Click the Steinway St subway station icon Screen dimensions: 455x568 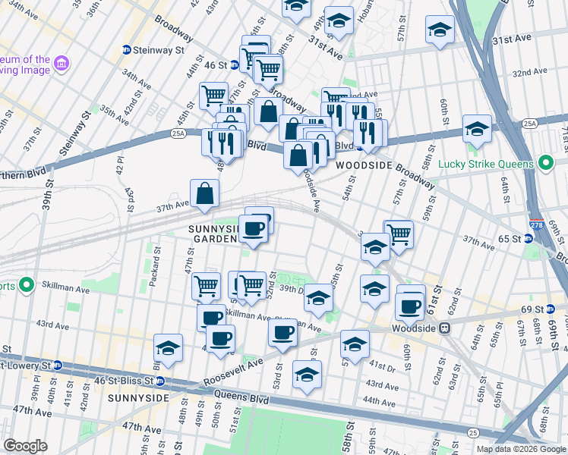click(126, 50)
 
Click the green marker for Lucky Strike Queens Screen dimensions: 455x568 click(544, 163)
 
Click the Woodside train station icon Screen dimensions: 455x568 click(447, 328)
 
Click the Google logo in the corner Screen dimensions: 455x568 click(26, 445)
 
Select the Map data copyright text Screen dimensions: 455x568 click(521, 449)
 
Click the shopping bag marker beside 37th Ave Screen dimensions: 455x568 click(205, 194)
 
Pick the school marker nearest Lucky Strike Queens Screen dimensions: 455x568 click(477, 130)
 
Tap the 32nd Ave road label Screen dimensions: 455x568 click(530, 72)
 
